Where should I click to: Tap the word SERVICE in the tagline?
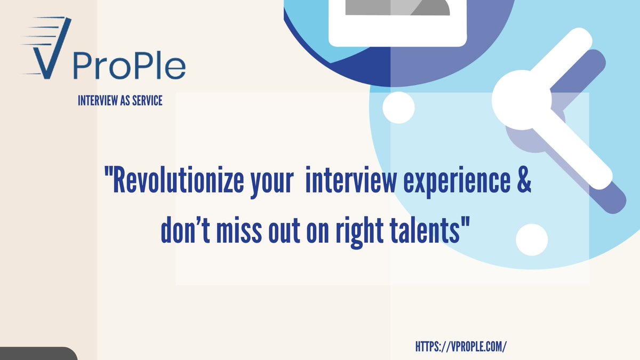(x=145, y=100)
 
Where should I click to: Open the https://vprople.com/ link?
(x=460, y=346)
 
